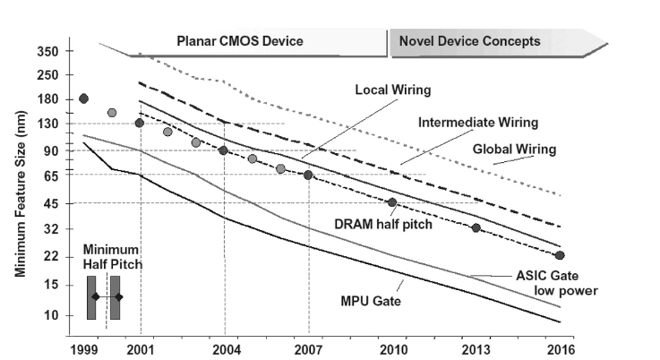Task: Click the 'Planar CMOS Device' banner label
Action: (239, 41)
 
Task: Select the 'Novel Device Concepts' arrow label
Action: (469, 41)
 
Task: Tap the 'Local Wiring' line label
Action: (393, 90)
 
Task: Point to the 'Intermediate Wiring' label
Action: (478, 122)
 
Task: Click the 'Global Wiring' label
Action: (514, 149)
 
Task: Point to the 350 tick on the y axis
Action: (47, 52)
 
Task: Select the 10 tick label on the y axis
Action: (50, 315)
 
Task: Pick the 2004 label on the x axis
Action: (224, 348)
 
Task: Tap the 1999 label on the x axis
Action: (84, 348)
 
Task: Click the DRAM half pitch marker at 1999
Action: (84, 99)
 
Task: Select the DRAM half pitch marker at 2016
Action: (560, 255)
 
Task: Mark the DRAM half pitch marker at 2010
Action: (391, 202)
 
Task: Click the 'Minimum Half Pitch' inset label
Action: (113, 257)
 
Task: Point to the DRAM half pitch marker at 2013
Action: (476, 228)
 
